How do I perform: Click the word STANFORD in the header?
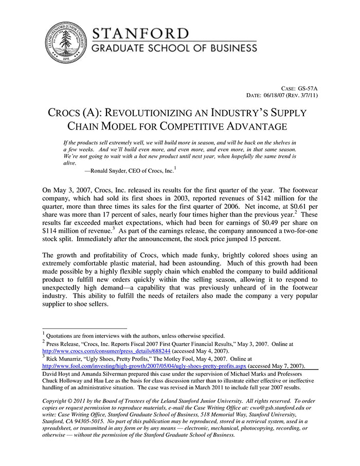pyautogui.click(x=140, y=34)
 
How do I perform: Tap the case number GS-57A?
pyautogui.click(x=308, y=88)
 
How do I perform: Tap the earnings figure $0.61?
pyautogui.click(x=290, y=207)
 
